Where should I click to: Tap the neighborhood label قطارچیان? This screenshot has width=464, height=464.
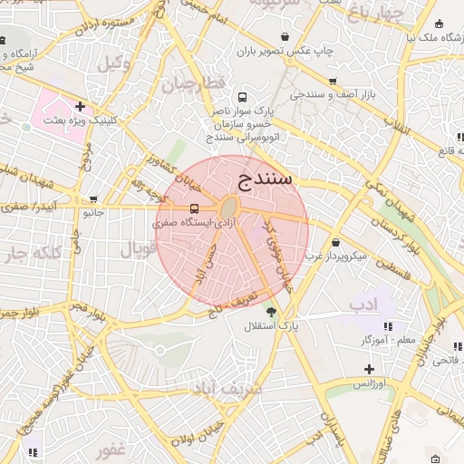(191, 86)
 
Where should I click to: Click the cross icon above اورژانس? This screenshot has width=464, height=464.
(369, 369)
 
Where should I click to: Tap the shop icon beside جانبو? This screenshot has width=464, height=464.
(93, 199)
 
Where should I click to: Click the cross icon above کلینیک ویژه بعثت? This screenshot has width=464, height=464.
(81, 106)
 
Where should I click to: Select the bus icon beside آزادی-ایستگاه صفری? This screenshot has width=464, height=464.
(169, 208)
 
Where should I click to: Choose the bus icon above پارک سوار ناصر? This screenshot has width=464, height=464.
(242, 96)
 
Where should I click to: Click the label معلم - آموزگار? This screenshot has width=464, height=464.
(364, 338)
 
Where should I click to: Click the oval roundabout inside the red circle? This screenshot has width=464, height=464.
(229, 207)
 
